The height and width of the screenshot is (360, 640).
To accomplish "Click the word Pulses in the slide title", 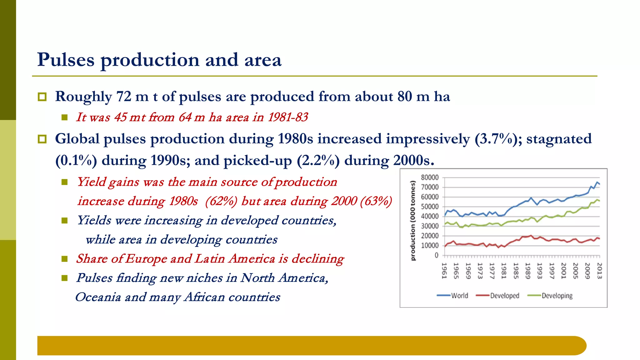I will click(66, 60).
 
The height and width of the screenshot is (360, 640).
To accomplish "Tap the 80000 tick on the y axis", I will click(430, 177).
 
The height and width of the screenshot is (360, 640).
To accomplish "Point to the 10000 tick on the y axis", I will click(430, 246).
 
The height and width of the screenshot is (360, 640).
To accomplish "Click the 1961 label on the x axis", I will click(444, 271).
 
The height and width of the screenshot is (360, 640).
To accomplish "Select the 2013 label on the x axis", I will click(599, 271).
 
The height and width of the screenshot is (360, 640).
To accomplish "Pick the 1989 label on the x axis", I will click(527, 271).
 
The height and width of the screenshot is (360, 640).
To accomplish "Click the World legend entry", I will click(459, 296).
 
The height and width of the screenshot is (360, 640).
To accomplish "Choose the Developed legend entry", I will click(504, 296).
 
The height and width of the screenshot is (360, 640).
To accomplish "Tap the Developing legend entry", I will click(557, 296).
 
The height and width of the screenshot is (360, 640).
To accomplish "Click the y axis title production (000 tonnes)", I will click(413, 221).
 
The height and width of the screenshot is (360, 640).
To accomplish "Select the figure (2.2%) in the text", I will click(318, 161).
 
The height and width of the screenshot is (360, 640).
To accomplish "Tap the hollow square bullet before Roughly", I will click(42, 97).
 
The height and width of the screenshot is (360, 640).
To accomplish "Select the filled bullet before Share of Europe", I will click(65, 259).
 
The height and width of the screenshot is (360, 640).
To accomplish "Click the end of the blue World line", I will click(599, 184).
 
